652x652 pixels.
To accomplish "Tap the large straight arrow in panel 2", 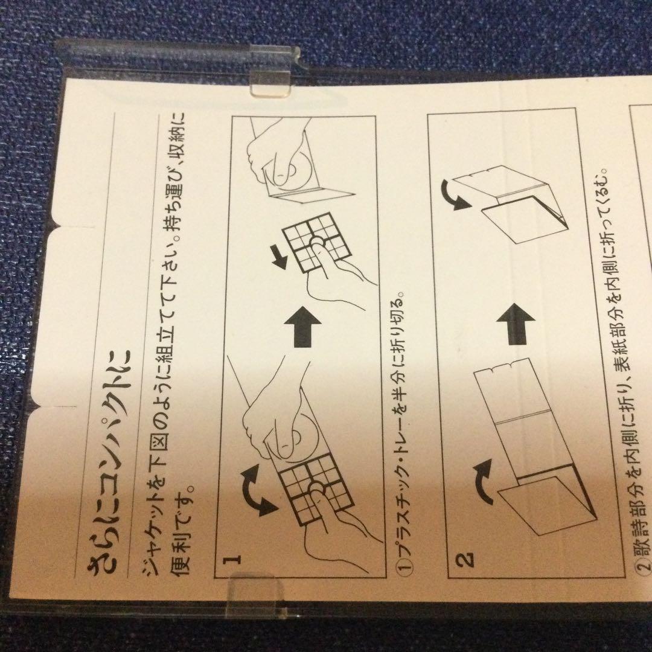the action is click(515, 324).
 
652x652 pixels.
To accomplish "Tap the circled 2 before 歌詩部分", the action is click(644, 566).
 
